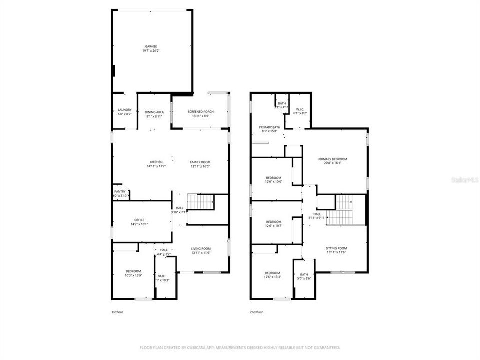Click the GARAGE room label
point(151,46)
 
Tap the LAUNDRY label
point(124,110)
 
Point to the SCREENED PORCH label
point(200,111)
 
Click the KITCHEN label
point(156,162)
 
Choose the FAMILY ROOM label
point(200,162)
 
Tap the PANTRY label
point(120,191)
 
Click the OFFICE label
point(139,220)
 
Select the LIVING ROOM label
point(200,248)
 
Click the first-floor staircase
point(200,202)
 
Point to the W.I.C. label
point(300,109)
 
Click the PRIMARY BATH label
point(269,127)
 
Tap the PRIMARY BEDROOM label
point(332,159)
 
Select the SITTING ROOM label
point(336,248)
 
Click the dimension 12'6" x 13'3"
point(273,277)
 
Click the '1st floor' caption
point(117,312)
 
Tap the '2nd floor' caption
point(256,312)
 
